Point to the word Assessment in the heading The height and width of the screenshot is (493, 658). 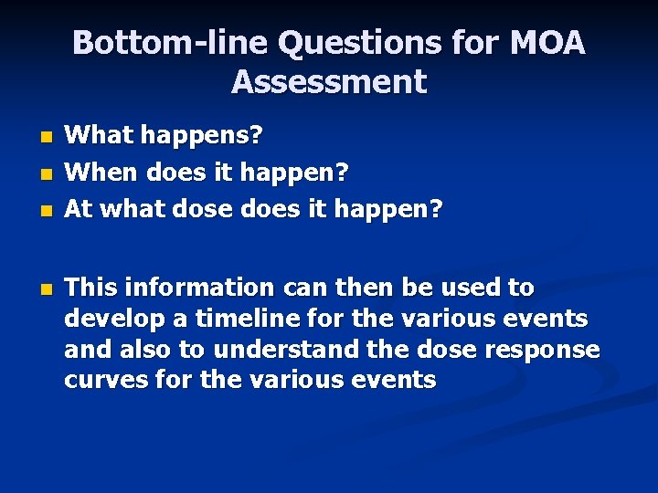point(329,82)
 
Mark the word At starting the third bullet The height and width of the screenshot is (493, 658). point(78,209)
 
